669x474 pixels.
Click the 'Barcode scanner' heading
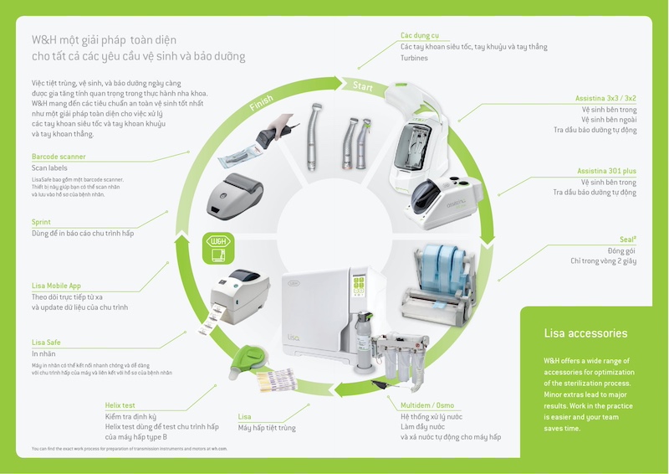59,157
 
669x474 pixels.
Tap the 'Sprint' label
41,222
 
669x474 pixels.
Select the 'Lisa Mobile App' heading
57,286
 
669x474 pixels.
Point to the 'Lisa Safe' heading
46,343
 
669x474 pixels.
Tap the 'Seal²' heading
628,240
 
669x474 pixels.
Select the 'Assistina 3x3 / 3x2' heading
605,99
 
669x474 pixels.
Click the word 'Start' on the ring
363,86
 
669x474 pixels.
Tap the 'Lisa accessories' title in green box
585,333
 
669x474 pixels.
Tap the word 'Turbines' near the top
414,59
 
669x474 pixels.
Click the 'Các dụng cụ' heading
419,35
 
